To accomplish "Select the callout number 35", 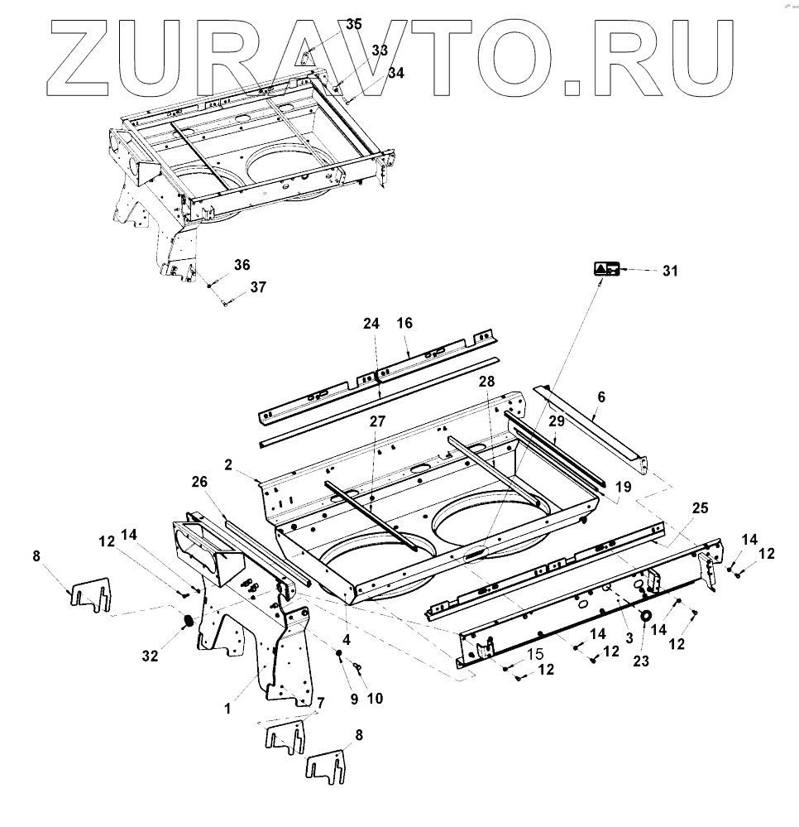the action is (x=354, y=25).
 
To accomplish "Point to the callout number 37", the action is (x=258, y=287).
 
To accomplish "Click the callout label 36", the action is (x=241, y=265).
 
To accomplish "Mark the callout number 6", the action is (x=601, y=397).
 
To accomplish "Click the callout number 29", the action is (x=557, y=422).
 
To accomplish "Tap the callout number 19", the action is (x=623, y=488).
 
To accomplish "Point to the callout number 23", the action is (x=640, y=661).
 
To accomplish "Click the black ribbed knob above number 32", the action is (x=187, y=621).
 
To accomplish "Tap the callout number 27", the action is (x=377, y=421).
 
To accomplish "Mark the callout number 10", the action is (x=375, y=698).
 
